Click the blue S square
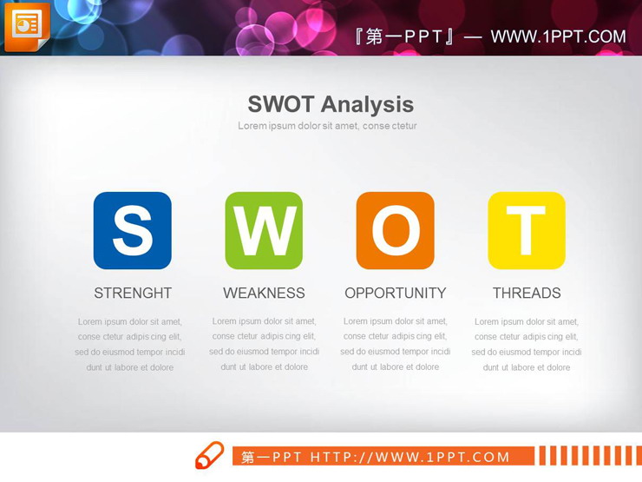coord(132,230)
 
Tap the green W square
coord(264,230)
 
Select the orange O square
coord(395,230)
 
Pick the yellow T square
coord(527,230)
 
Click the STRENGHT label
coord(133,293)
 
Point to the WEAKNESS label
coord(264,293)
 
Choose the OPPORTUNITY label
coord(396,293)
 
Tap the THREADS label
coord(527,293)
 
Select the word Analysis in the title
coord(368,104)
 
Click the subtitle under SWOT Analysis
coord(328,126)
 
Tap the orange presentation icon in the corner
coord(27,27)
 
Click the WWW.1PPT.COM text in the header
coord(558,36)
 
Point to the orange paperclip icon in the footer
coord(209,455)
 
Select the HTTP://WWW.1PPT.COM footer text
coord(410,457)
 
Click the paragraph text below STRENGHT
coord(130,344)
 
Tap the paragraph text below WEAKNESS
coord(264,344)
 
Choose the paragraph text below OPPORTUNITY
coord(396,344)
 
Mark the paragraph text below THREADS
coord(527,344)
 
